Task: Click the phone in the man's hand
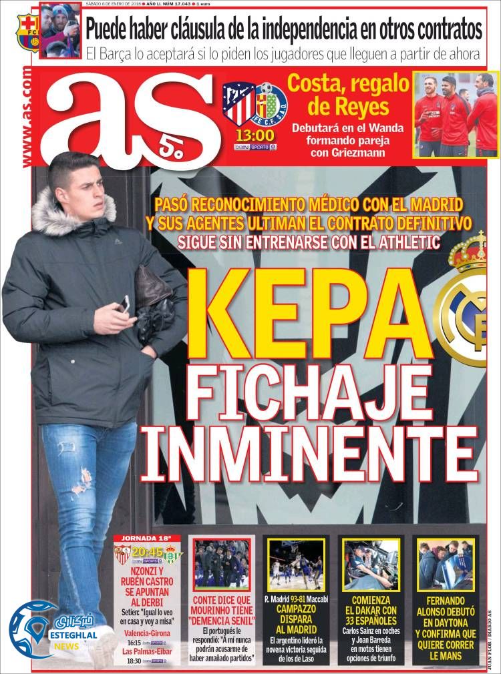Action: [x=124, y=304]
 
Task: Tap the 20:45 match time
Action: [x=147, y=552]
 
